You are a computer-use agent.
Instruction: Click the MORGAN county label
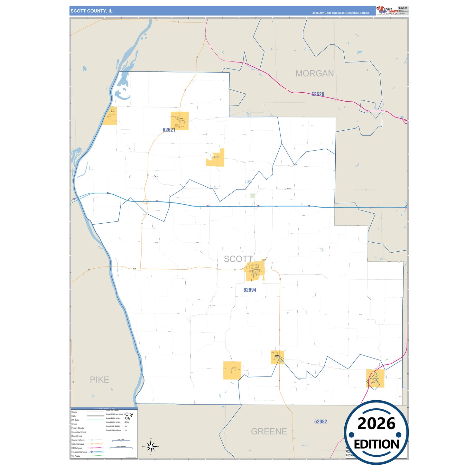coord(314,73)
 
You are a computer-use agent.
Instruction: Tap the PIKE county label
coord(99,380)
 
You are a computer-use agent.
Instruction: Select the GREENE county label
coord(269,431)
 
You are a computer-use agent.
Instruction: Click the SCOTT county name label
coord(238,259)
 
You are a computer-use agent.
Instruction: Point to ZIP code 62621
coord(169,130)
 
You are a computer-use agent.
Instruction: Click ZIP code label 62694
coord(250,290)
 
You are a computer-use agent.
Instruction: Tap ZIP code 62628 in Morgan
coord(318,94)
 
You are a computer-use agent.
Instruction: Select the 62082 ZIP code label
coord(321,421)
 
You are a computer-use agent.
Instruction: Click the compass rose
coord(151,447)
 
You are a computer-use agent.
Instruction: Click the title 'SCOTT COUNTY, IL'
coord(92,11)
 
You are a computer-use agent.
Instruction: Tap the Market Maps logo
coord(387,11)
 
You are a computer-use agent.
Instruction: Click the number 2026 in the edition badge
coord(376,423)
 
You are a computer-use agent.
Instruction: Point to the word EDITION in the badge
coord(377,444)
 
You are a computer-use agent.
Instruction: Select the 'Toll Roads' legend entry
coord(76,456)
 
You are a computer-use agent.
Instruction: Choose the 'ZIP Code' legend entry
coord(75,420)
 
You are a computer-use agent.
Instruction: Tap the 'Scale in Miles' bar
coord(121,441)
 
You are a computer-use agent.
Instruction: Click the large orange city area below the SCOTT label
coord(255,271)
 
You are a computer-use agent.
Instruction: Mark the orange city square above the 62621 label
coord(180,121)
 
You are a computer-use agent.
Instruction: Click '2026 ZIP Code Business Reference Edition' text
coord(340,13)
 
